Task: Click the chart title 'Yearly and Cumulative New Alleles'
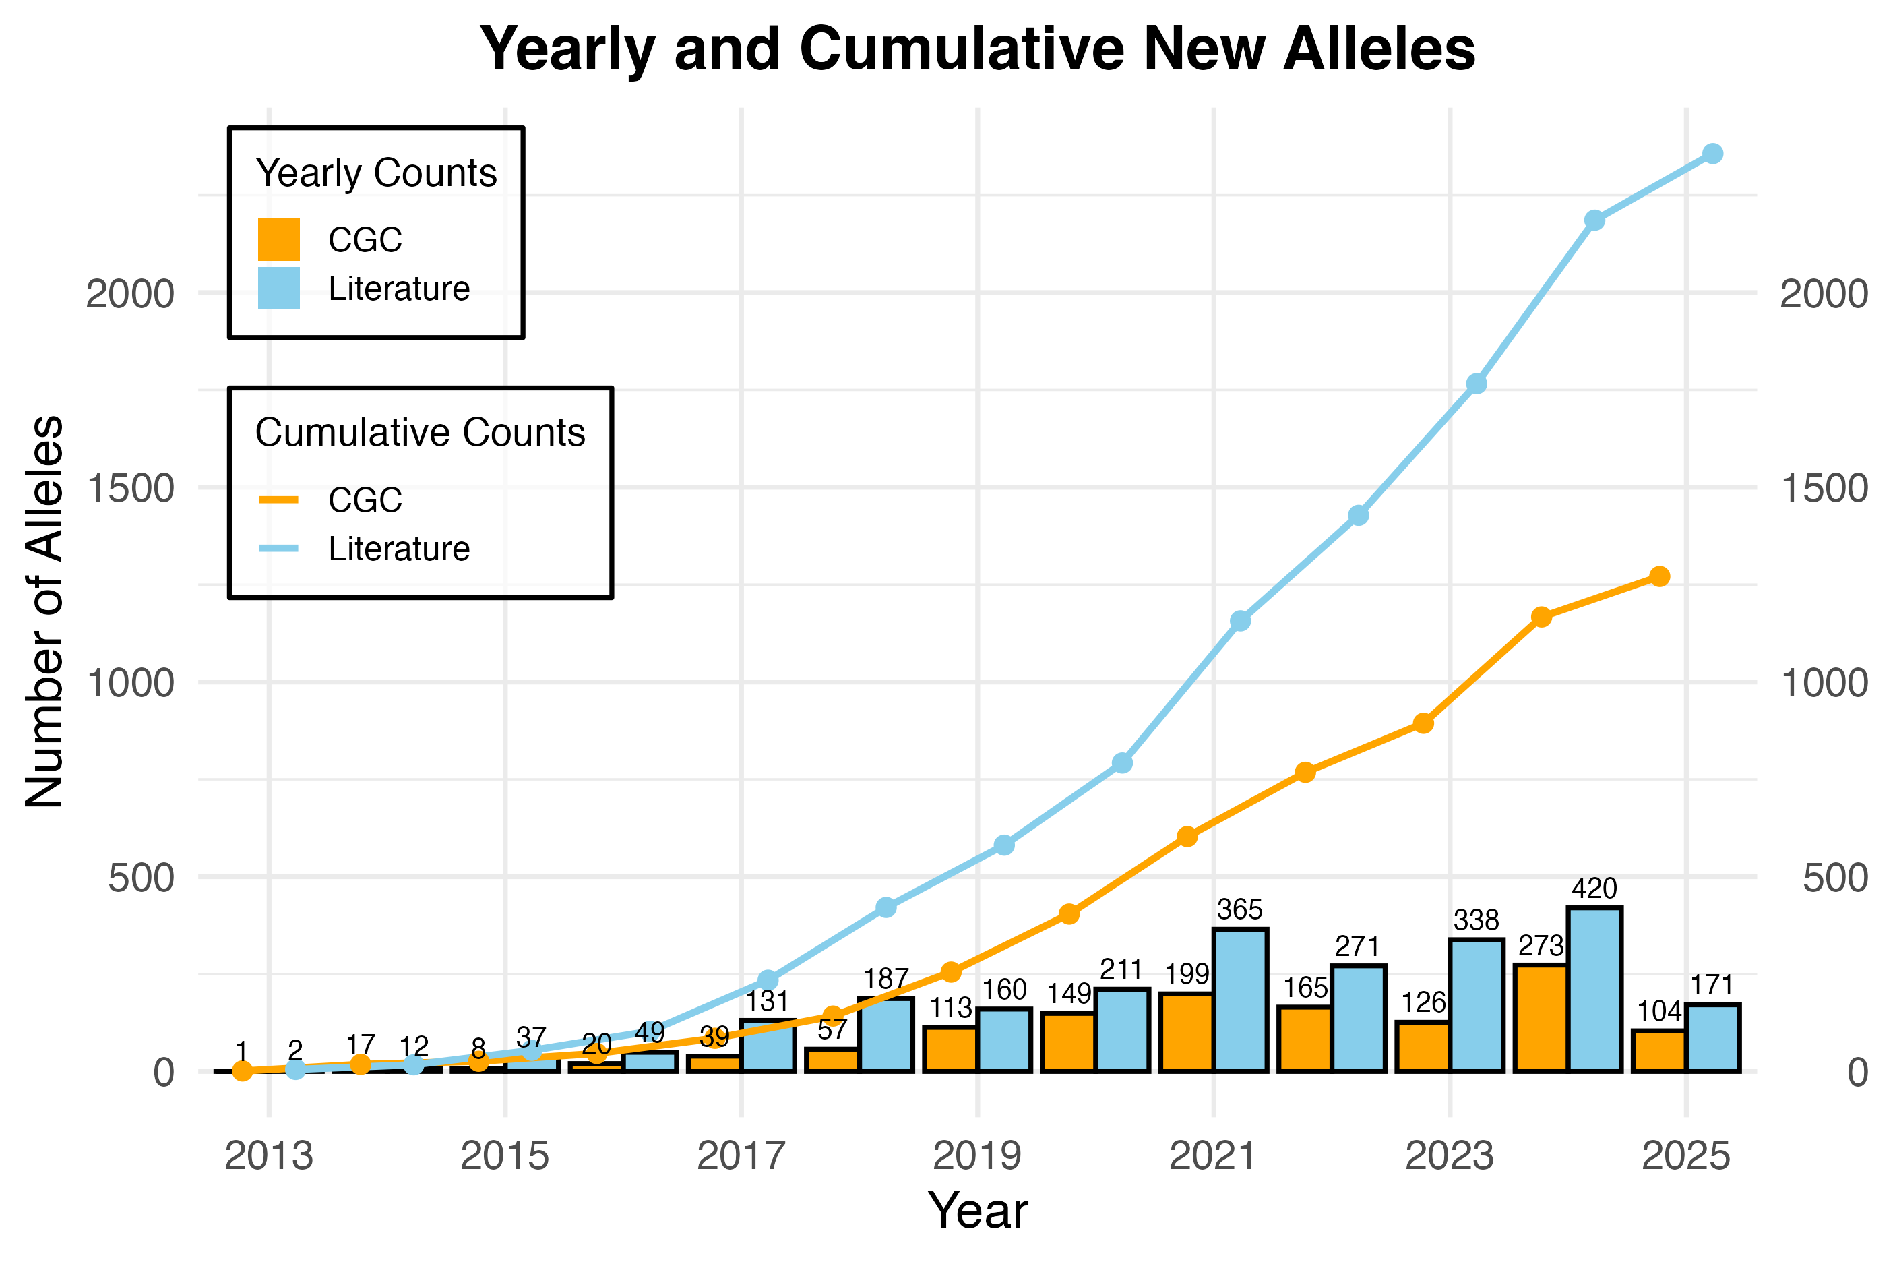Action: click(977, 50)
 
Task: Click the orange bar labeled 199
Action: click(1187, 1033)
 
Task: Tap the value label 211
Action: click(1121, 970)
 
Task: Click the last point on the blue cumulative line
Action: click(1713, 153)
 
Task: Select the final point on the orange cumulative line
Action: click(1659, 576)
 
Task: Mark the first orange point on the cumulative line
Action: click(242, 1071)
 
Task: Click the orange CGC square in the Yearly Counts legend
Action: click(279, 239)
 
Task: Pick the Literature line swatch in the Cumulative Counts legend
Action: click(279, 549)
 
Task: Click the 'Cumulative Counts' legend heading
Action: click(420, 433)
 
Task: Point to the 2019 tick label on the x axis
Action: click(977, 1157)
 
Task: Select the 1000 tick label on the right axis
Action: click(1824, 684)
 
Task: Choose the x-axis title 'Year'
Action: click(977, 1211)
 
